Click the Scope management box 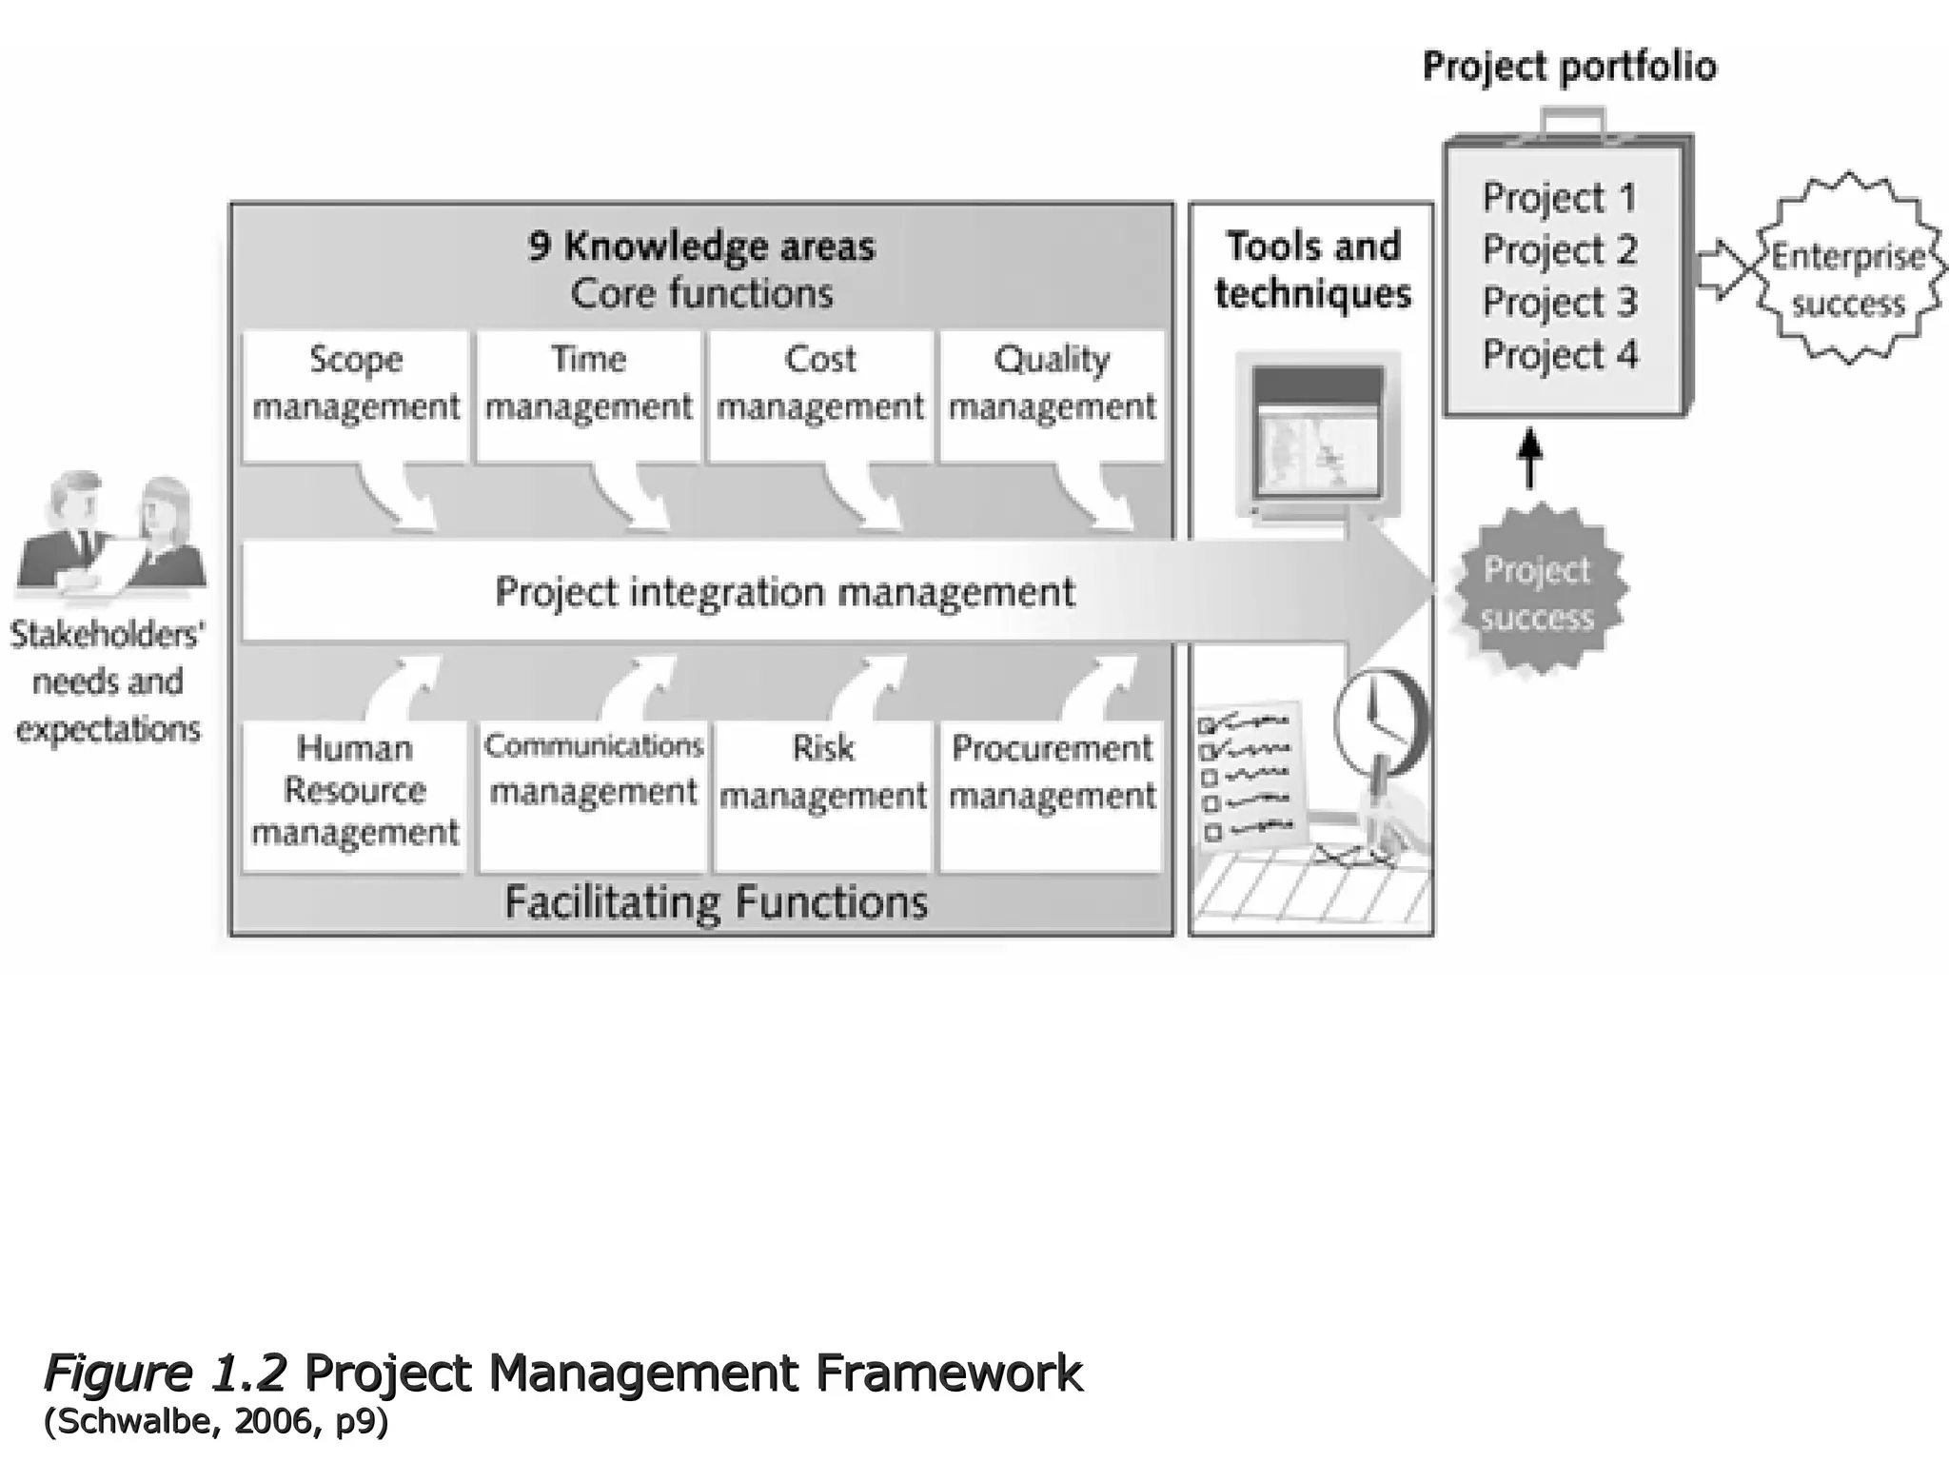[x=355, y=396]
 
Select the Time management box [x=588, y=396]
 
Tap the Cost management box [x=819, y=396]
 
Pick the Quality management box [x=1052, y=396]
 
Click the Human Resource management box [x=354, y=796]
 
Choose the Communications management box [x=593, y=796]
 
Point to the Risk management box [x=822, y=796]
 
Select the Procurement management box [x=1052, y=796]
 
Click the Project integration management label [x=784, y=592]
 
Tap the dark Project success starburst [x=1537, y=593]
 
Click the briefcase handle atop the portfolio [x=1572, y=122]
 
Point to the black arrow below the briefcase [x=1528, y=458]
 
